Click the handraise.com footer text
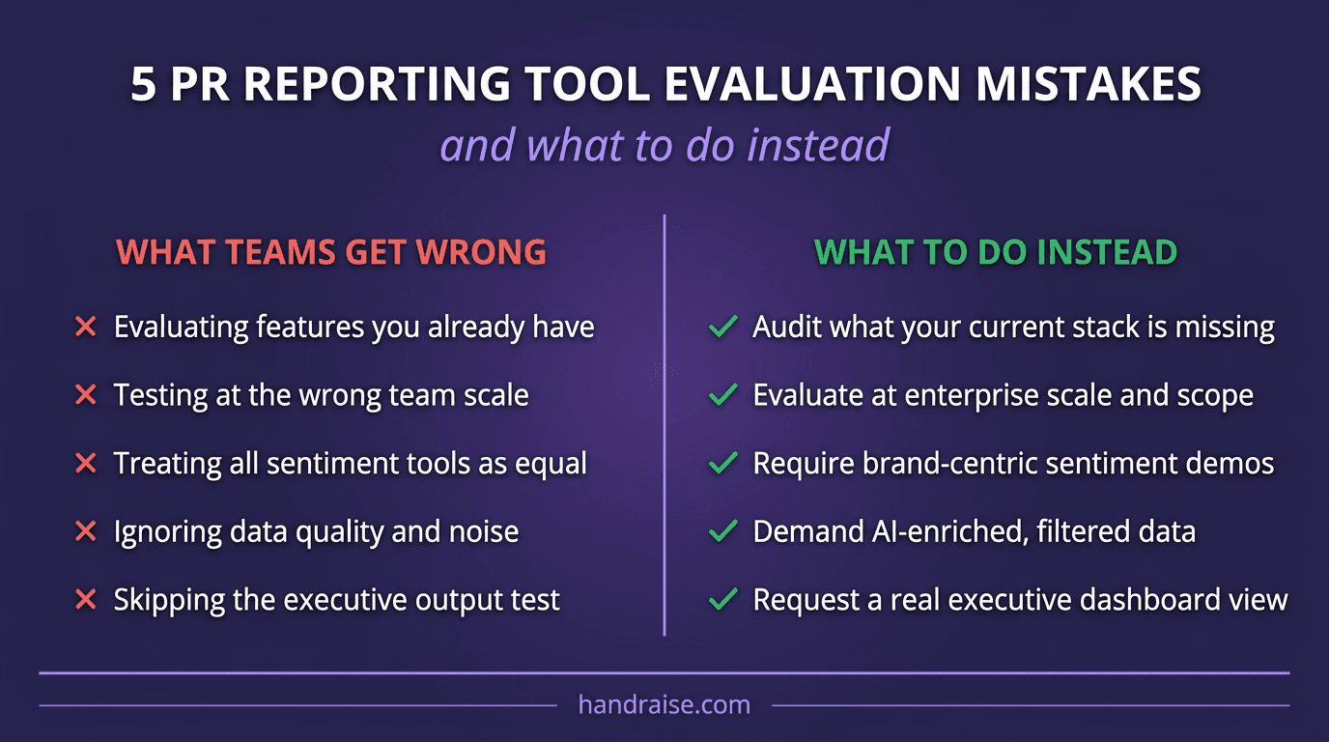pyautogui.click(x=664, y=704)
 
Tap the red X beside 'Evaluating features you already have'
pyautogui.click(x=86, y=328)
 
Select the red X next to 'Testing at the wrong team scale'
pyautogui.click(x=86, y=395)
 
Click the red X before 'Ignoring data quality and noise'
pyautogui.click(x=86, y=531)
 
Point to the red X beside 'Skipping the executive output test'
pyautogui.click(x=86, y=600)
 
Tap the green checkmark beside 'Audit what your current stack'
pyautogui.click(x=723, y=328)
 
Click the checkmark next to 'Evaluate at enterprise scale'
pyautogui.click(x=723, y=395)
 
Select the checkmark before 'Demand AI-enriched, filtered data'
pyautogui.click(x=723, y=531)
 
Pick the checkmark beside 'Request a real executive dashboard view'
pyautogui.click(x=723, y=600)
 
